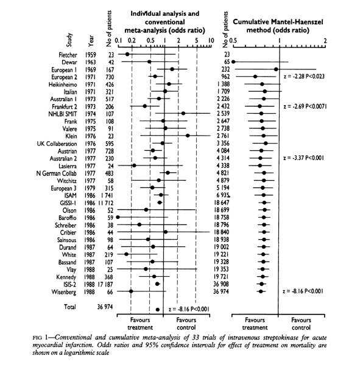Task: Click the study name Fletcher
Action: pos(68,55)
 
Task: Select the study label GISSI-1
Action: pos(68,203)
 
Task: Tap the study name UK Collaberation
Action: pos(57,144)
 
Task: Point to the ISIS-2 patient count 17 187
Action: pos(105,284)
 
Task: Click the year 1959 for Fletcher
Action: pos(90,55)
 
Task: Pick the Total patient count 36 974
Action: pos(105,307)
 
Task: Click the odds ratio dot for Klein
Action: pos(188,136)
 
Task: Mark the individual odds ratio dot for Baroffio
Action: pos(118,217)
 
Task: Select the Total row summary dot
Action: pos(158,310)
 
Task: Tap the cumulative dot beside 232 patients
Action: pos(276,69)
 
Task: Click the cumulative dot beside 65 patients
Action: pos(233,61)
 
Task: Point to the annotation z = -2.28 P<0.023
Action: pos(304,77)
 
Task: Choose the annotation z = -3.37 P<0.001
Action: pos(303,158)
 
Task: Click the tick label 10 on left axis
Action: pos(211,41)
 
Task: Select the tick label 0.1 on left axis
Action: pos(118,41)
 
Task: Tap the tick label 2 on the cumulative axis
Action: pos(325,41)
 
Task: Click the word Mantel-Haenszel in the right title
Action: pos(297,22)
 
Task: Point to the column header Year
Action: pos(91,41)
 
